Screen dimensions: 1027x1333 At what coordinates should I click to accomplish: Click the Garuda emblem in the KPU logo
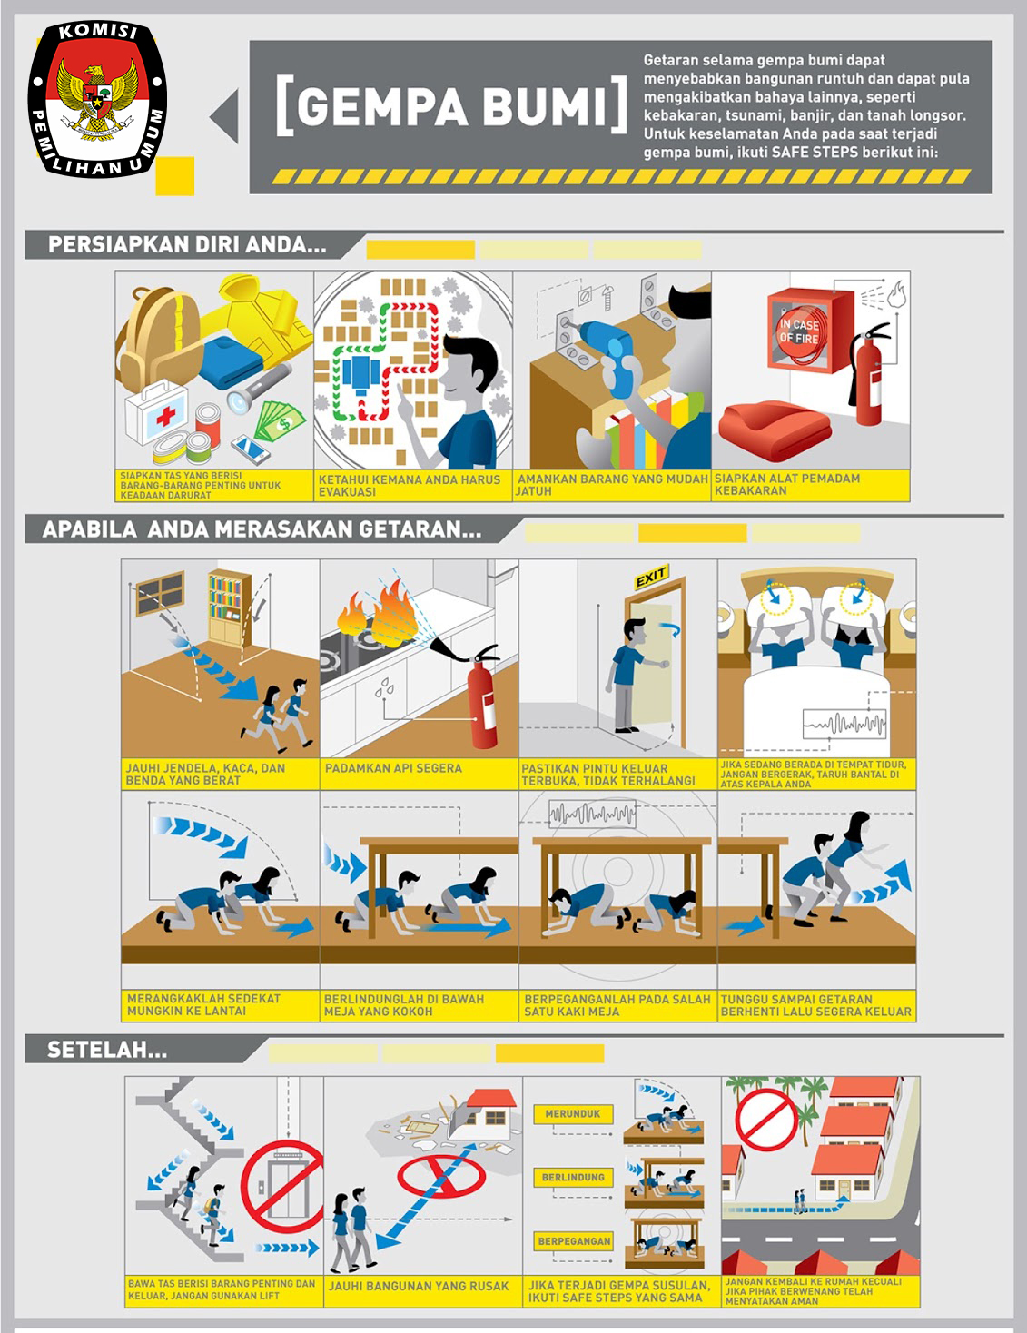point(97,98)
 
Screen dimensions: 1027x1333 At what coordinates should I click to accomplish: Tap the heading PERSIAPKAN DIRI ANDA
point(187,245)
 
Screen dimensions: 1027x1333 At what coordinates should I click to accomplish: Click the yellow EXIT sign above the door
point(650,578)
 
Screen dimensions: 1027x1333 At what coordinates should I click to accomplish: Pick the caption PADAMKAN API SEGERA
point(393,768)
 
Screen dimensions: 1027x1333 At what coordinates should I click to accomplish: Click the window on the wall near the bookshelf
point(161,593)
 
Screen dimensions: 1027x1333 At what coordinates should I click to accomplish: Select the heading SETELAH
point(106,1050)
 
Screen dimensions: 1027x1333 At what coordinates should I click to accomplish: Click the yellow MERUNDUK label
point(573,1114)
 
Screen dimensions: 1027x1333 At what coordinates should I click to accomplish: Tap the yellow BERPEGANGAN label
point(574,1241)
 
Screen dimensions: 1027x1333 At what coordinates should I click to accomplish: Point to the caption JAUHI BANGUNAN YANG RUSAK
point(419,1286)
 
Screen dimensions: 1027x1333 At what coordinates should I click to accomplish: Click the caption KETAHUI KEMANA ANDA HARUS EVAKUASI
point(409,485)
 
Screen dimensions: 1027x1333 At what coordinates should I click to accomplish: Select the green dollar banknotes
point(280,420)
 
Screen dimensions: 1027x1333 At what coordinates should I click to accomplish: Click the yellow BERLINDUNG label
point(573,1177)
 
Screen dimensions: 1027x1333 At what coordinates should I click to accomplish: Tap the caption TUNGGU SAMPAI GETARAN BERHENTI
point(815,1005)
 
